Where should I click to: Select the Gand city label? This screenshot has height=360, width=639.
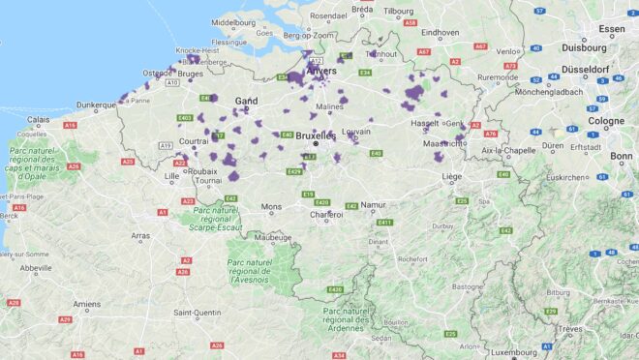[x=246, y=101]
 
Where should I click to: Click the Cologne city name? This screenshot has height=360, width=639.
[x=606, y=121]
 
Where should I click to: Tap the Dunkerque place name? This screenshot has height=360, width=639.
[x=97, y=105]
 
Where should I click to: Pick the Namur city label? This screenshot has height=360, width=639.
[x=373, y=205]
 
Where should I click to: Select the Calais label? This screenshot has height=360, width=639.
[x=39, y=120]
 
